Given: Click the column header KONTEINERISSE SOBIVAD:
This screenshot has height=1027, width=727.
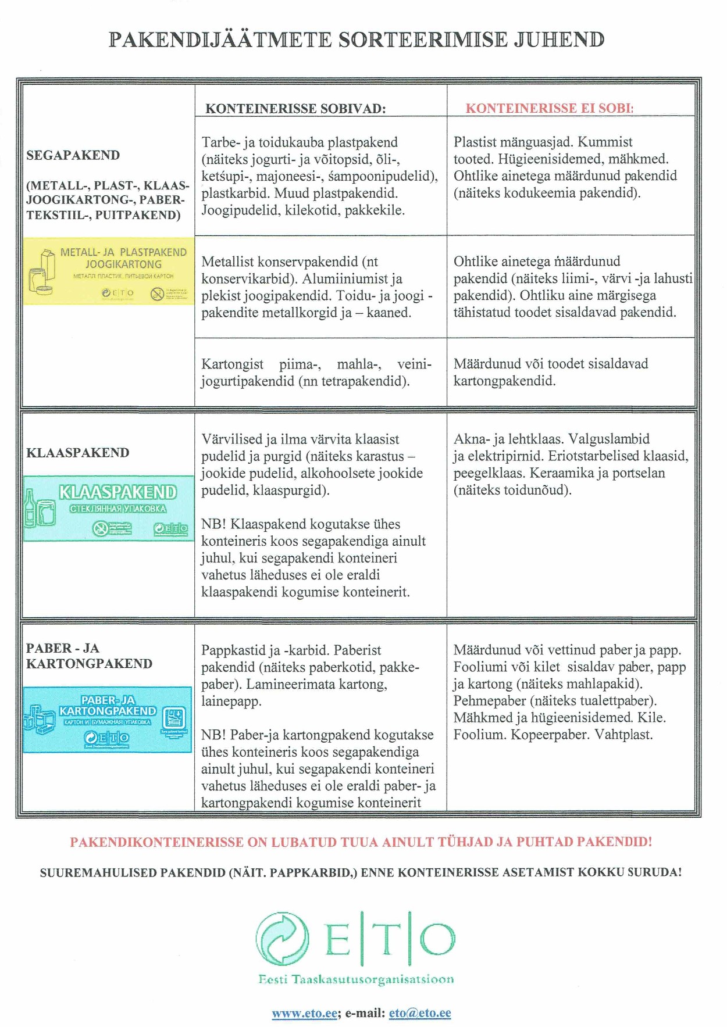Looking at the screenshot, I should [295, 109].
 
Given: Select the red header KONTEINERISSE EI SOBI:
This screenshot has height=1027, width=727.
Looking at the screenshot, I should [549, 108].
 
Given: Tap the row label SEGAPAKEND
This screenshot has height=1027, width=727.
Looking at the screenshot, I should [73, 155].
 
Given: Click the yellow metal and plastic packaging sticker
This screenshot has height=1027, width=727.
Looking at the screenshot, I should [109, 271].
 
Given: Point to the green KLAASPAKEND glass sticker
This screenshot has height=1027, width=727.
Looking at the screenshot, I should [109, 509].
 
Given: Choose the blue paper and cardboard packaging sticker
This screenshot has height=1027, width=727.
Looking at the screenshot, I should [108, 720].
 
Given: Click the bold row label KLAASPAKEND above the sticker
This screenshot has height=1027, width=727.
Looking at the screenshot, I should [77, 453].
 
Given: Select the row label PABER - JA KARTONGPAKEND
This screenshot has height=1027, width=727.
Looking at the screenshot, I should [88, 656].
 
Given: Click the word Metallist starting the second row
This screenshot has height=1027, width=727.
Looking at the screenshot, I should [227, 262].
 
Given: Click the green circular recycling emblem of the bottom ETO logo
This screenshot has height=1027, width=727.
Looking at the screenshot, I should [283, 939].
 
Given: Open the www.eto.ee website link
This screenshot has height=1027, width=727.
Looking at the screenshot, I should [304, 1013].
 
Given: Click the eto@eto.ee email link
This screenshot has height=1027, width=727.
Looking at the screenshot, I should [419, 1013].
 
